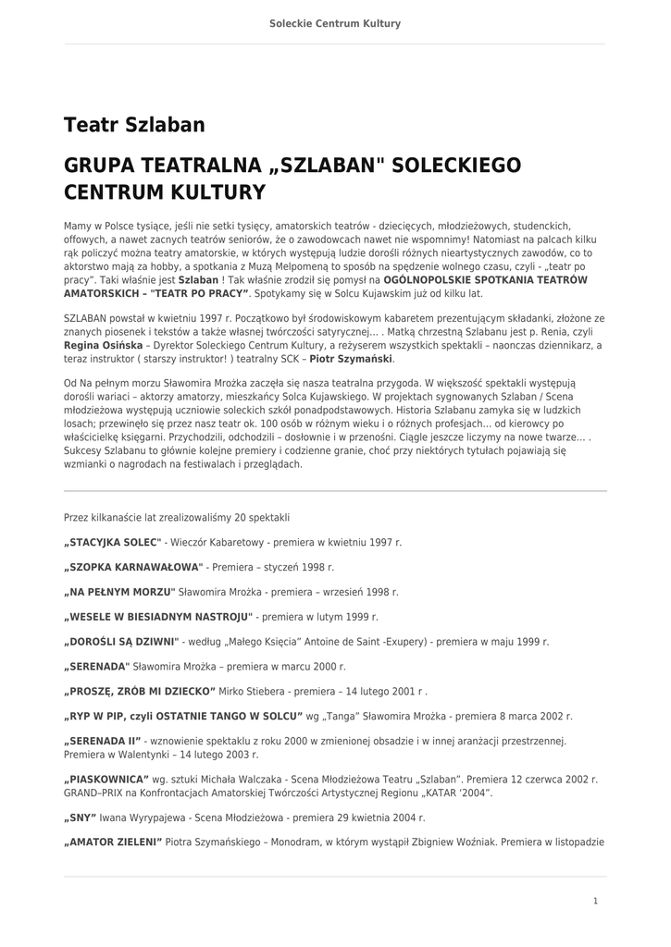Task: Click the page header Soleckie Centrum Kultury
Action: pyautogui.click(x=335, y=23)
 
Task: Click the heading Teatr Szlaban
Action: pyautogui.click(x=134, y=125)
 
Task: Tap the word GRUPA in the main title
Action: pyautogui.click(x=100, y=166)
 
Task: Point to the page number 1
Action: pyautogui.click(x=596, y=901)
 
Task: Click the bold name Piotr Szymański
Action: pyautogui.click(x=351, y=359)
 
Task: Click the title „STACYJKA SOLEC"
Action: pyautogui.click(x=113, y=542)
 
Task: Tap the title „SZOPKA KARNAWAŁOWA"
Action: pyautogui.click(x=133, y=566)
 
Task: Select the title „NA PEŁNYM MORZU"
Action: pyautogui.click(x=119, y=591)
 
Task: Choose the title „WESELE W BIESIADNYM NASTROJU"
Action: pyautogui.click(x=158, y=616)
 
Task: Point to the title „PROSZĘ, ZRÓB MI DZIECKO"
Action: pyautogui.click(x=140, y=691)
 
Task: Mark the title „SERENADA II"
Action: pyautogui.click(x=103, y=741)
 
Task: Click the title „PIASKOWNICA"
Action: pyautogui.click(x=106, y=779)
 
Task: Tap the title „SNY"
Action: pyautogui.click(x=81, y=818)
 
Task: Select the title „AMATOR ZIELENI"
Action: pyautogui.click(x=113, y=842)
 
